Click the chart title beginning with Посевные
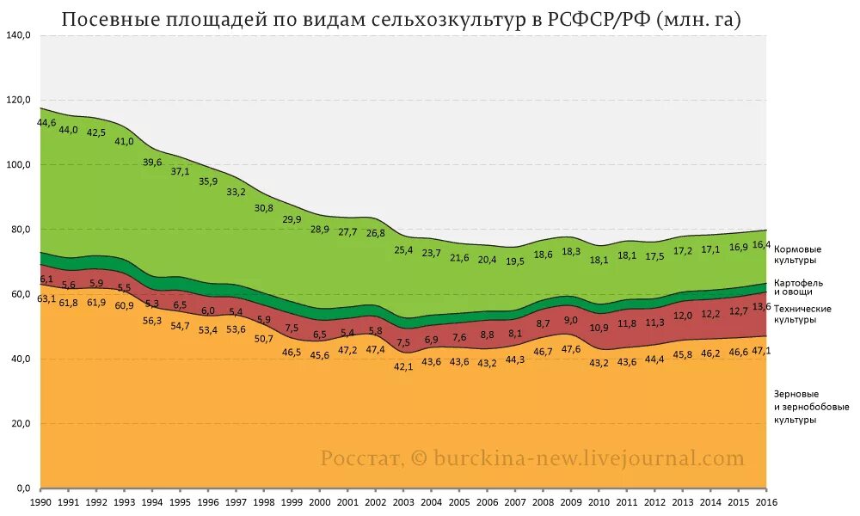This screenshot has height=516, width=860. pos(402,19)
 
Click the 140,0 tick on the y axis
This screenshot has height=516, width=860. pos(18,35)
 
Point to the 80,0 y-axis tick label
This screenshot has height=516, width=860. pos(20,230)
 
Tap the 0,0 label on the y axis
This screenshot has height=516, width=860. pos(22,488)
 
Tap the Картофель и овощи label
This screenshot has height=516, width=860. pos(799,286)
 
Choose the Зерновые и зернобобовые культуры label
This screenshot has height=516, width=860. pos(806,407)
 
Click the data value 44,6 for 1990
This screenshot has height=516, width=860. pos(46,123)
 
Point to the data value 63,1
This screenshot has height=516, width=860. pos(46,298)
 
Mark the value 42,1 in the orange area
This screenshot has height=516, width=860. pos(402,366)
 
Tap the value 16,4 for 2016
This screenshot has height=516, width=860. pos(761,245)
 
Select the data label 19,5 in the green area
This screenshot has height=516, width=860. pos(514,261)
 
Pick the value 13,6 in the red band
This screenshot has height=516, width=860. pos(761,307)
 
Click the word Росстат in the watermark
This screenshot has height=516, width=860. pos(360,458)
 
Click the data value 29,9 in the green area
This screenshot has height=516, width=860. pos(292,219)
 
